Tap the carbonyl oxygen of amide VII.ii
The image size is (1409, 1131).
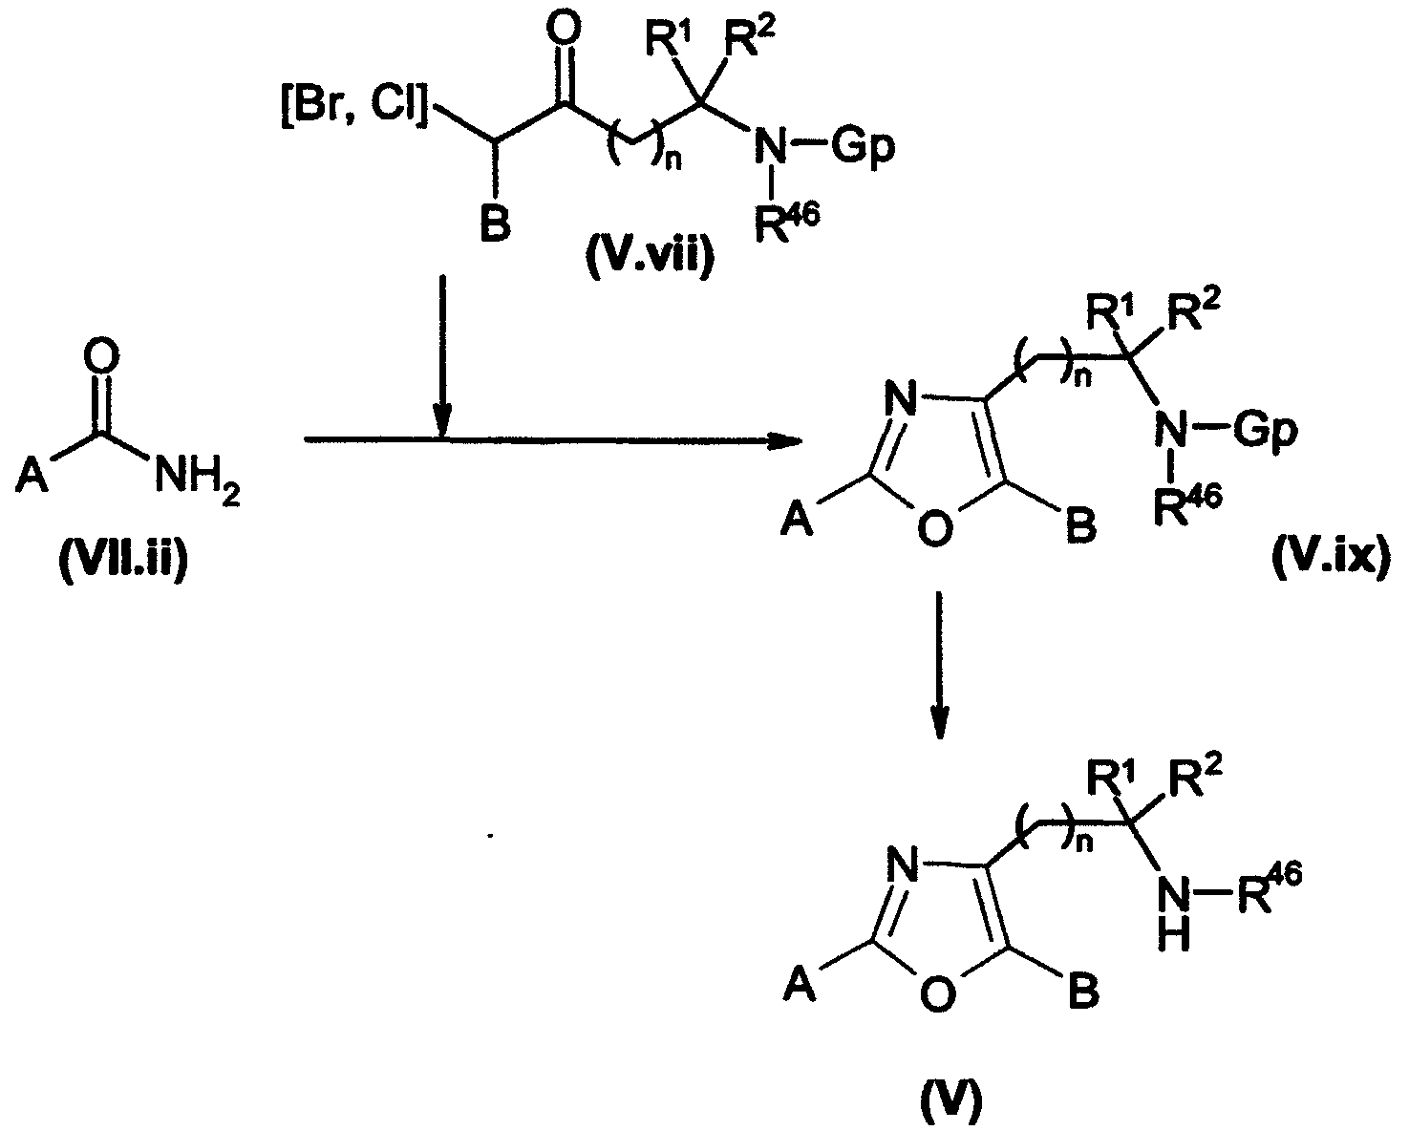click(x=101, y=357)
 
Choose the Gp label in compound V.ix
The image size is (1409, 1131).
click(x=1265, y=430)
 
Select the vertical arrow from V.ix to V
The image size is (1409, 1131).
click(x=940, y=664)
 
